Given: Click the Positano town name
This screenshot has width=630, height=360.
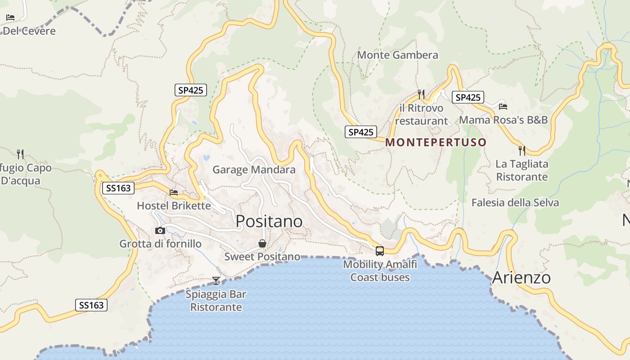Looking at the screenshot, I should (269, 221).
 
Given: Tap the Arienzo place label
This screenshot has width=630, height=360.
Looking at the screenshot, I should (521, 278).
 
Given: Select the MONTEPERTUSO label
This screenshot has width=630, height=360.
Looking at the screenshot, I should (436, 143).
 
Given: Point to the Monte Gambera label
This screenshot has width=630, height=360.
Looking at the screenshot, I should (397, 55).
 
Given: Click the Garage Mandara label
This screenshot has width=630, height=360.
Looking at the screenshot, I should (254, 170).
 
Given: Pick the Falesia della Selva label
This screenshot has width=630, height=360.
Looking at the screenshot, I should (515, 202).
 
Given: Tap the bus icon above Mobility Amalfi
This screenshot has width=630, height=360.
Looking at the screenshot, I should (380, 251).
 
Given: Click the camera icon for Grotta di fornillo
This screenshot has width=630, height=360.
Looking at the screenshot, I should (160, 230).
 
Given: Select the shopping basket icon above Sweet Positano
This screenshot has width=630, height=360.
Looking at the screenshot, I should (262, 243).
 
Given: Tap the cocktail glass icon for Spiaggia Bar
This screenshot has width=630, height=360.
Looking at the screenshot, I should (216, 281).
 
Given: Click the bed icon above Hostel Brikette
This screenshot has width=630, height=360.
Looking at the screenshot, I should (174, 193).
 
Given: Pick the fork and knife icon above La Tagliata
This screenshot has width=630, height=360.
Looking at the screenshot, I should (522, 150).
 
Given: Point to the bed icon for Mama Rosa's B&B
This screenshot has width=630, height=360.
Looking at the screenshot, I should (503, 106).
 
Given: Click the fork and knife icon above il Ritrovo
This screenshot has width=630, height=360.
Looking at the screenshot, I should (421, 94).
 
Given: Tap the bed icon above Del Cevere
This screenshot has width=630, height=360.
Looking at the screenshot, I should (10, 18).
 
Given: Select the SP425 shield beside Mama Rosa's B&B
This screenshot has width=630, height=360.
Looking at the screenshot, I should (468, 97).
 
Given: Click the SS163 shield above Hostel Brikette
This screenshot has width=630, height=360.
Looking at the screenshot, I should (118, 188).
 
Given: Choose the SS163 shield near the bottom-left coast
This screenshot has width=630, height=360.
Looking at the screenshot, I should (91, 305).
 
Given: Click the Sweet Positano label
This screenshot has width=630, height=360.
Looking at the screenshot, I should (262, 256).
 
